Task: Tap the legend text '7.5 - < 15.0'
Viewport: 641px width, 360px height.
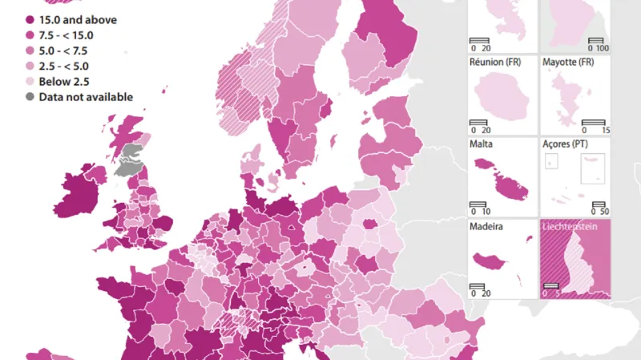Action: coord(67,35)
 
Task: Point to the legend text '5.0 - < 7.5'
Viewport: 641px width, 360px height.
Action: coord(63,51)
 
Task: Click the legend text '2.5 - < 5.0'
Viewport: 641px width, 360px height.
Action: coord(63,67)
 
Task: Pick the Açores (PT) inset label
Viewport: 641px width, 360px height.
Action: coord(570,144)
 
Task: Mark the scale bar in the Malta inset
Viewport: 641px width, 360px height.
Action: coord(480,204)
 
